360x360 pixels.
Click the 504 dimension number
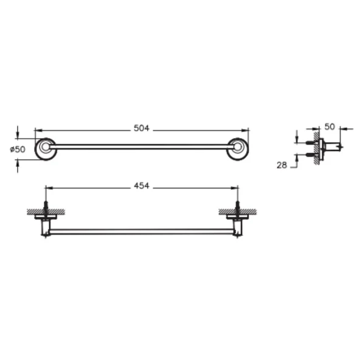tap(141, 128)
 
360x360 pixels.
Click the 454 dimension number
tap(141, 186)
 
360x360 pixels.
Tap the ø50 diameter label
tap(18, 149)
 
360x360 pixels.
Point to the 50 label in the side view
tap(330, 126)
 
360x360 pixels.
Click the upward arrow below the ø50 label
tap(18, 162)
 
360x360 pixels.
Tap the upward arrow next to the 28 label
tap(297, 157)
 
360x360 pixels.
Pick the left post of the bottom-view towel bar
tap(45, 228)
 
